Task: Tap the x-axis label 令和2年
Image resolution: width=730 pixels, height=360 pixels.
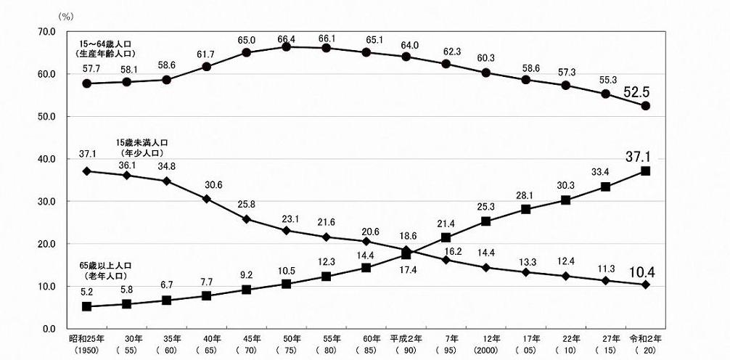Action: pos(645,339)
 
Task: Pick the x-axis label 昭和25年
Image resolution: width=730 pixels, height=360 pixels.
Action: pos(86,339)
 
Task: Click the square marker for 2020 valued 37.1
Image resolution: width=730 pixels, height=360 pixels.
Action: pos(645,171)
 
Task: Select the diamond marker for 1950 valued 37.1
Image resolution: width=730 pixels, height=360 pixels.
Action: pos(87,171)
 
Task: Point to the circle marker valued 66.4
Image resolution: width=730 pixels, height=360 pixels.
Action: pos(287,46)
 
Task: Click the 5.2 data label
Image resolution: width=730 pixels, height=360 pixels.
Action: pos(87,290)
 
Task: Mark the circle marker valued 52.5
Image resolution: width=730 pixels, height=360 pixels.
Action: pos(645,106)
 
